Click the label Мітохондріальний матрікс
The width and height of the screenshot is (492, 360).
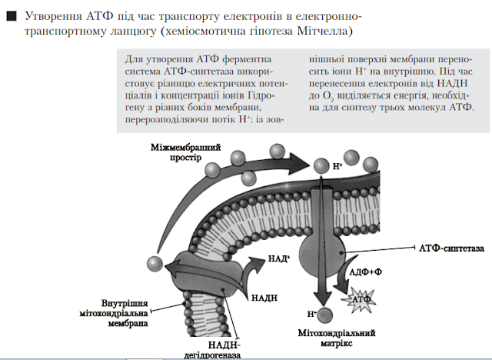(336, 338)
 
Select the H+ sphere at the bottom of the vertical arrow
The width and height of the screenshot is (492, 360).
(326, 314)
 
